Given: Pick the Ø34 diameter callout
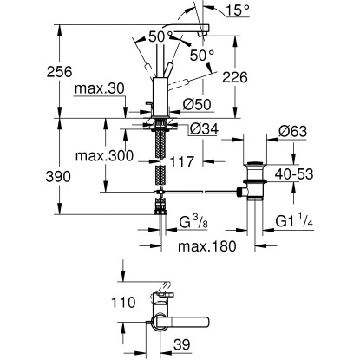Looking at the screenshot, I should coord(202,129).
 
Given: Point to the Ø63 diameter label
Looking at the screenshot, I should coord(294,133).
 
